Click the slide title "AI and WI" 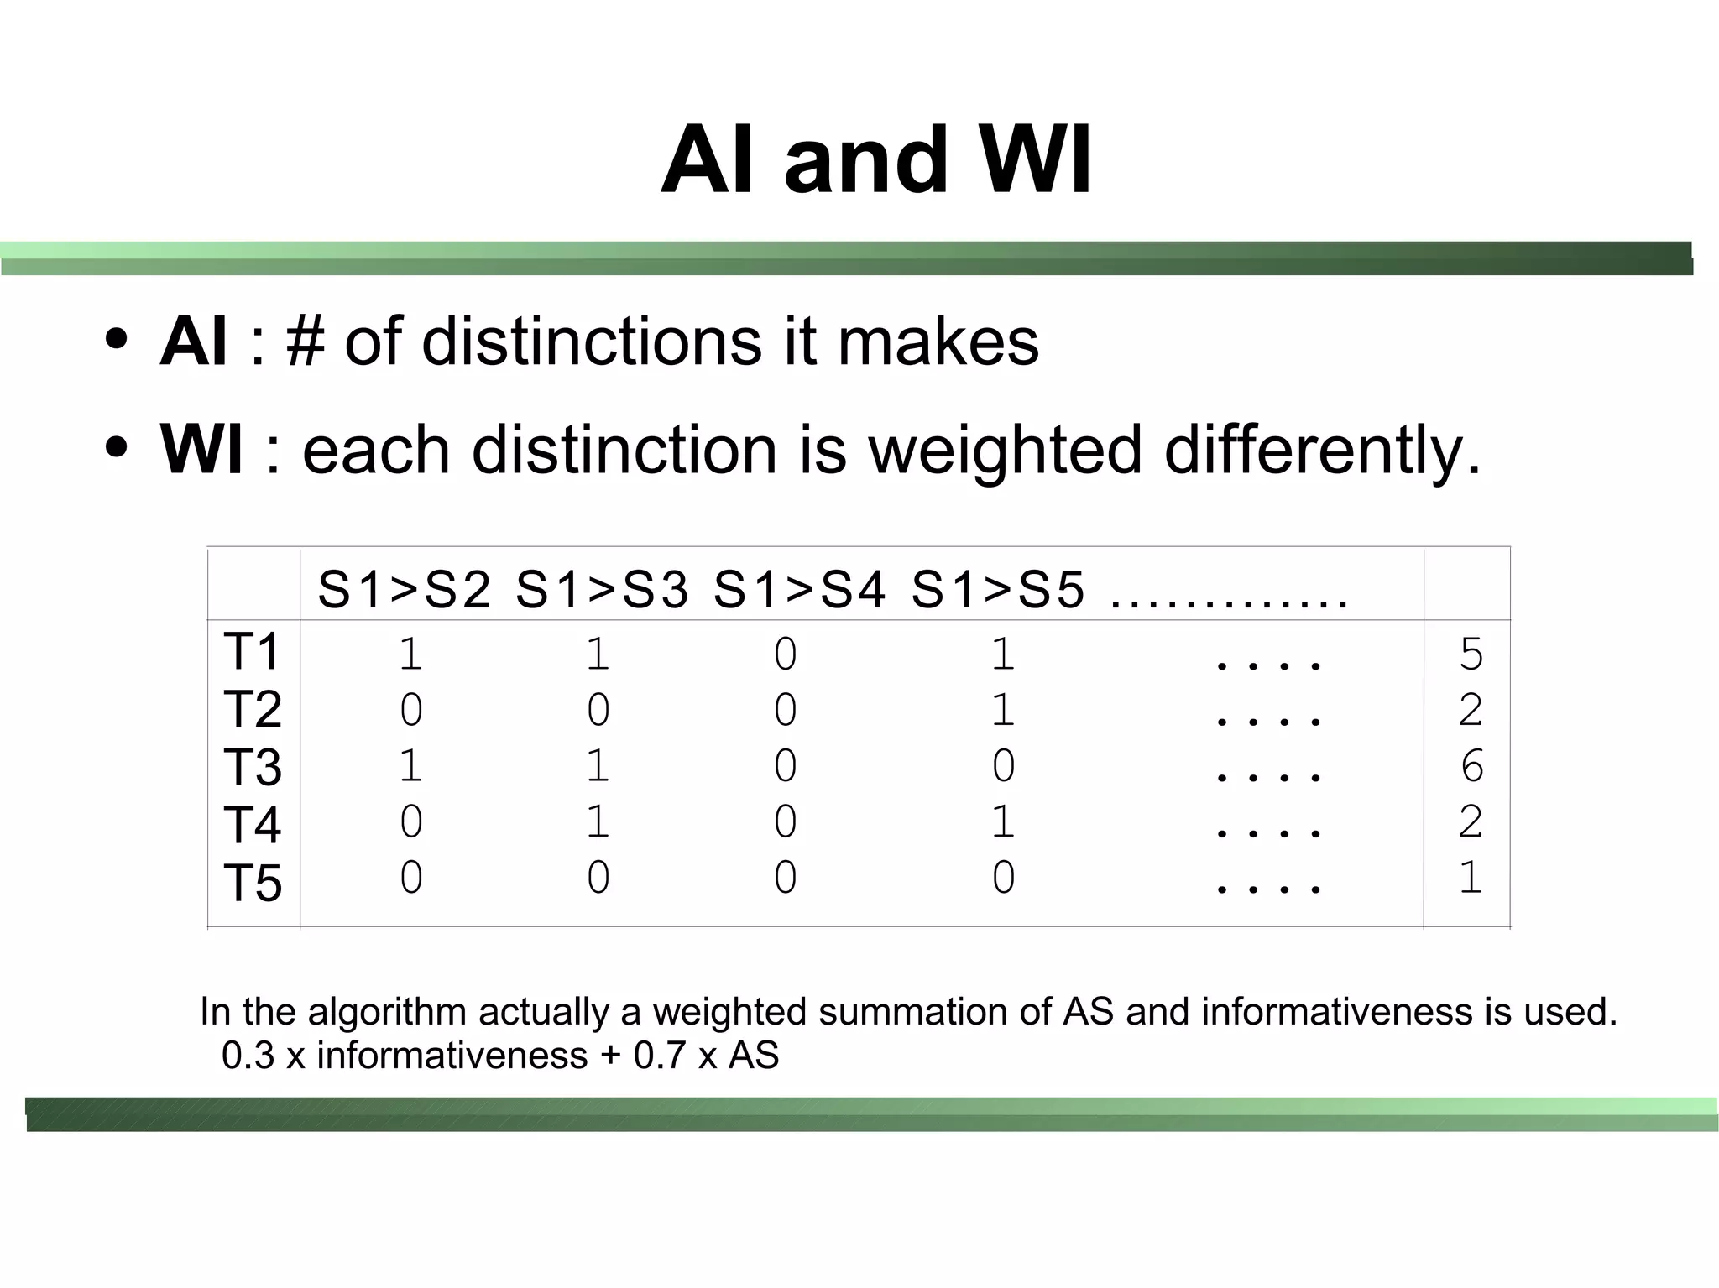pyautogui.click(x=875, y=159)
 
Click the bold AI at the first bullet pyautogui.click(x=193, y=342)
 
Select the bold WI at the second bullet pyautogui.click(x=201, y=450)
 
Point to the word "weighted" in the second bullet pyautogui.click(x=1005, y=450)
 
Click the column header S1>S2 pyautogui.click(x=405, y=589)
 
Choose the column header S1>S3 pyautogui.click(x=602, y=589)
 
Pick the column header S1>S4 pyautogui.click(x=800, y=589)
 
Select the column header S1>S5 pyautogui.click(x=998, y=589)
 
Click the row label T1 pyautogui.click(x=252, y=652)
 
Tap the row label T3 pyautogui.click(x=252, y=767)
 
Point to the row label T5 pyautogui.click(x=252, y=883)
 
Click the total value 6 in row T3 pyautogui.click(x=1471, y=766)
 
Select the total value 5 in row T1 pyautogui.click(x=1471, y=654)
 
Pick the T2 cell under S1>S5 pyautogui.click(x=1003, y=711)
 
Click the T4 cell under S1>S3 pyautogui.click(x=598, y=821)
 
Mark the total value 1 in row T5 pyautogui.click(x=1471, y=878)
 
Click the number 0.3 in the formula pyautogui.click(x=248, y=1056)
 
